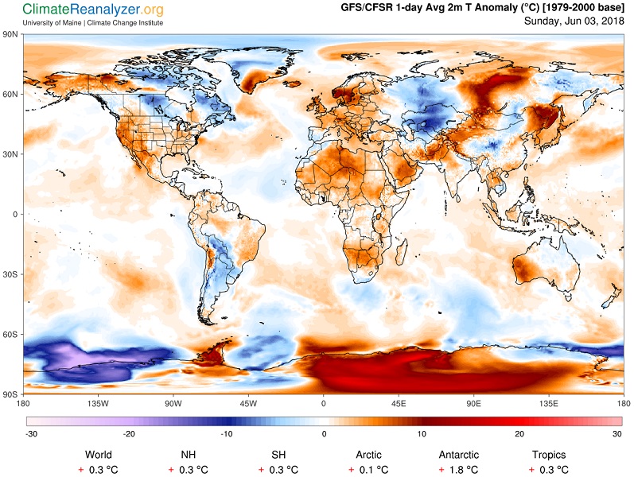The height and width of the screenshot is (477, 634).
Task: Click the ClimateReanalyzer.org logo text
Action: tap(92, 10)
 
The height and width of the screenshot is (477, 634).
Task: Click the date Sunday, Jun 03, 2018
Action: tap(574, 21)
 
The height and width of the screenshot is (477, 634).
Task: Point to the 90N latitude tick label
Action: tap(10, 34)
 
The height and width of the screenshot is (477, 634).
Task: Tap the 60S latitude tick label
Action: tap(10, 335)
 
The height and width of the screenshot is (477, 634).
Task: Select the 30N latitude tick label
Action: tap(10, 154)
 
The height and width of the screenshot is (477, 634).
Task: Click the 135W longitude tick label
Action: tap(99, 403)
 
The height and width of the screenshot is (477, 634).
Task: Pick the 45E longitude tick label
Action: tap(399, 403)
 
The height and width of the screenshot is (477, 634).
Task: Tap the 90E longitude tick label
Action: tap(473, 403)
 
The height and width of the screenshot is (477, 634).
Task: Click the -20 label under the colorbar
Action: tap(129, 434)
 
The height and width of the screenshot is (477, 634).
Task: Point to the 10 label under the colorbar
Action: tap(422, 434)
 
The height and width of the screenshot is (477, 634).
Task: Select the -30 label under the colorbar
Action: tap(31, 434)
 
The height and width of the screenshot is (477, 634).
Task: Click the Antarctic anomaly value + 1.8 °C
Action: tap(458, 470)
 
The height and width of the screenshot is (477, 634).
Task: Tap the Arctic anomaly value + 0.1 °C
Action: tap(368, 470)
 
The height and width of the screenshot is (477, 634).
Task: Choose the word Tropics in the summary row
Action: tap(549, 455)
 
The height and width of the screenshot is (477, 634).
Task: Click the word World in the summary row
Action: tap(99, 455)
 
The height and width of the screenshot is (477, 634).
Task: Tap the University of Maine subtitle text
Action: tap(92, 22)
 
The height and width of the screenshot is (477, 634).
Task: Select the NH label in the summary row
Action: tap(189, 455)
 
